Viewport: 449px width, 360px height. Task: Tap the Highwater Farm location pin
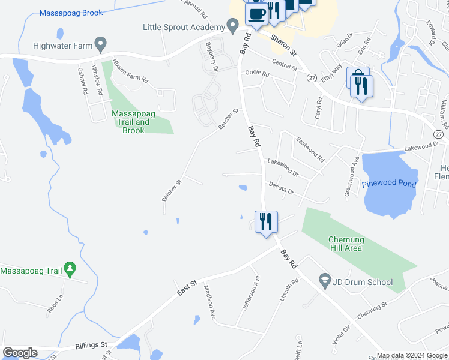click(101, 44)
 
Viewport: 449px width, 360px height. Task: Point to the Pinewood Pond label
click(389, 183)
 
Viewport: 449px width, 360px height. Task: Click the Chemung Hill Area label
click(346, 244)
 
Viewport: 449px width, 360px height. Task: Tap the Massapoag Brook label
click(71, 13)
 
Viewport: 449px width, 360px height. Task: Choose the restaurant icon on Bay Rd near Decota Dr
click(265, 221)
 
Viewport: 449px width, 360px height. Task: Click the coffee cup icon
click(257, 14)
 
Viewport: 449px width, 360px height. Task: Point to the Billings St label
click(91, 346)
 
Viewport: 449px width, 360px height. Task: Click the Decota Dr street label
click(281, 188)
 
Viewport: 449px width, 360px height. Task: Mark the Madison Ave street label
click(209, 297)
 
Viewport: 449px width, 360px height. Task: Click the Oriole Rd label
click(258, 74)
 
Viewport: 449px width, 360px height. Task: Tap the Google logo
click(20, 352)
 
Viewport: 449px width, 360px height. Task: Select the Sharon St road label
click(283, 45)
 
